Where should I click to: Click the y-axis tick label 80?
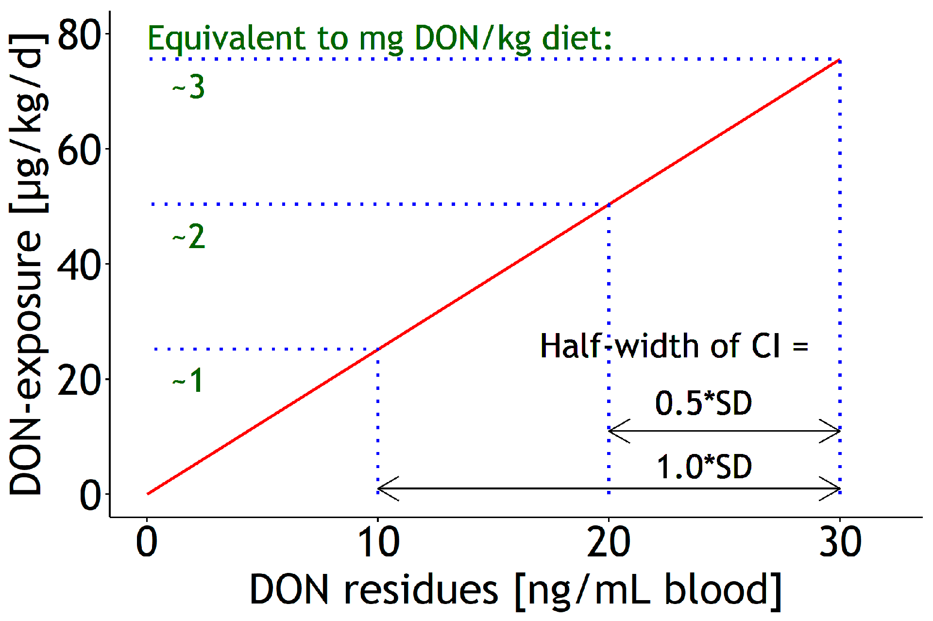pos(79,35)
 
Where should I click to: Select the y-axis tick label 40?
pos(79,265)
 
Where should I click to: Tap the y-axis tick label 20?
pos(79,380)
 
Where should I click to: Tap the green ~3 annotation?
pos(188,87)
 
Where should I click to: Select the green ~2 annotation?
pos(188,237)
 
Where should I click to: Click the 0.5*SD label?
pos(703,403)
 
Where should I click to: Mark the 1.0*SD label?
pos(704,467)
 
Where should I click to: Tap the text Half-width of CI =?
pos(674,346)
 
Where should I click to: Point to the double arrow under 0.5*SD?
pos(724,431)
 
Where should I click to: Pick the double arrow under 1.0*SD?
pos(609,488)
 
